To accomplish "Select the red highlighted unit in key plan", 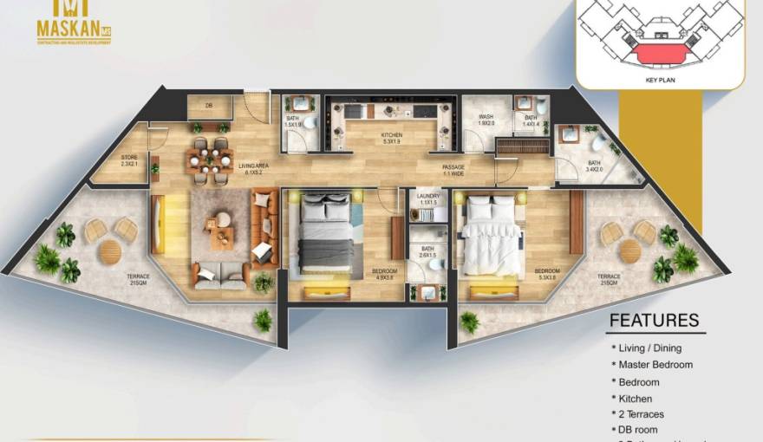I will pos(660,54).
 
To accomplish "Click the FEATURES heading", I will pos(654,321).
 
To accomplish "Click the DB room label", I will pos(209,106).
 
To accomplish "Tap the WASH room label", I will pos(486,120).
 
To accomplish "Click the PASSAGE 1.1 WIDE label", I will pos(453,169).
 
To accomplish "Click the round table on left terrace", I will pos(110,251).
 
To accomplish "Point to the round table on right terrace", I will pos(629,251).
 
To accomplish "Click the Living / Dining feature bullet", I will pos(650,348).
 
